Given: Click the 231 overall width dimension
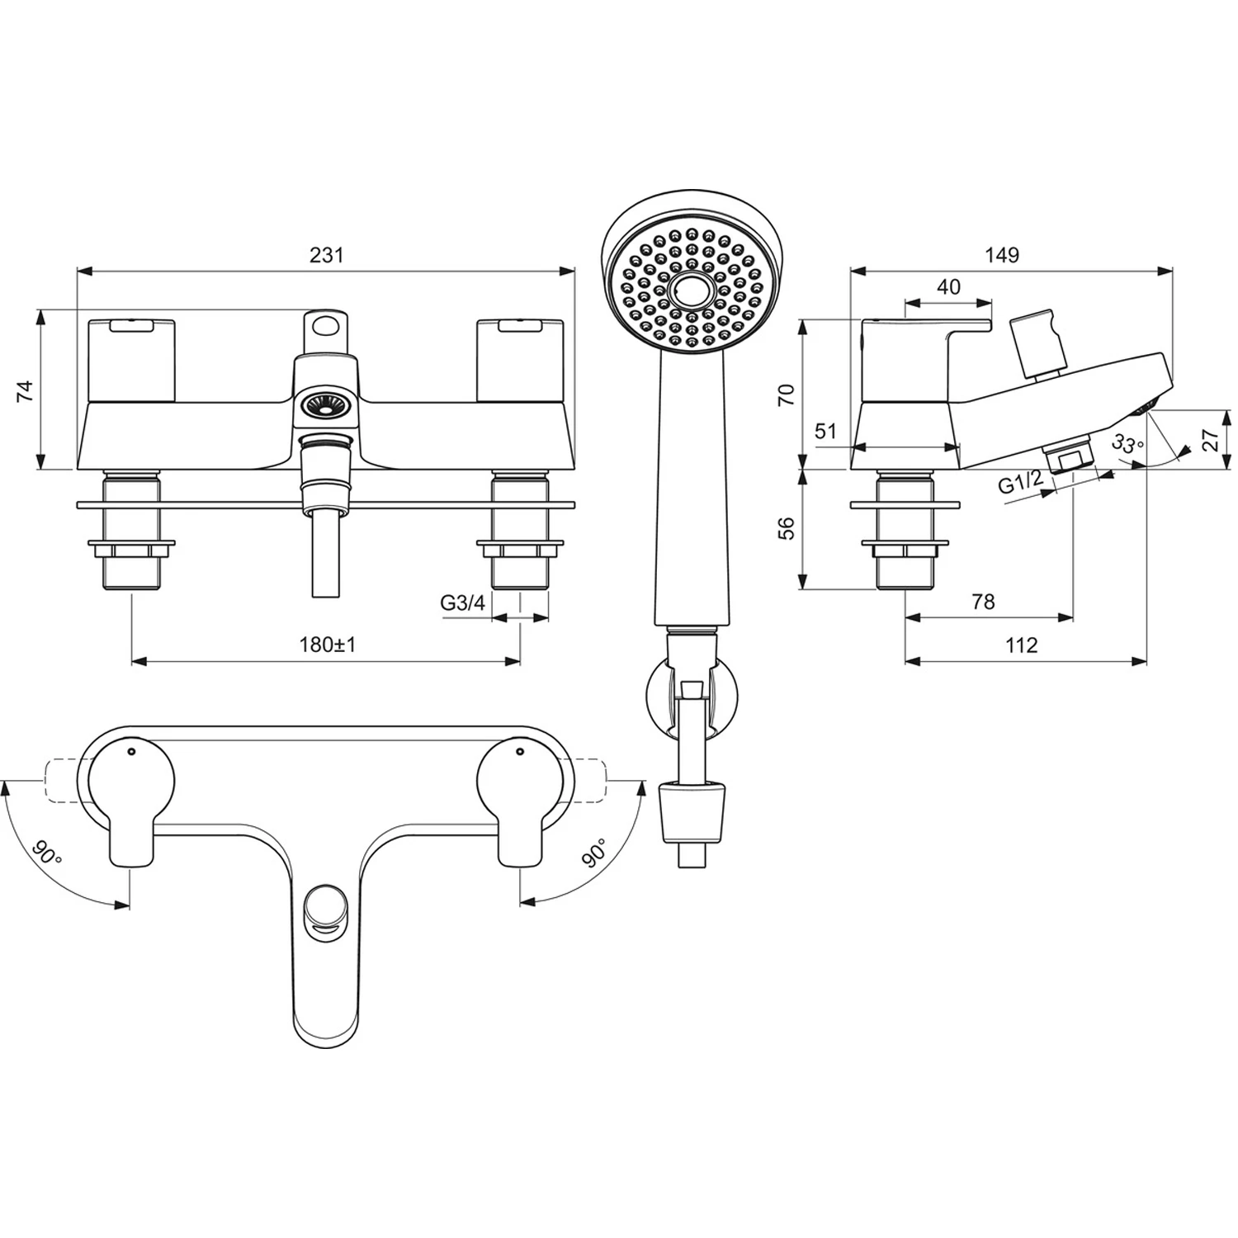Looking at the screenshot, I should tap(327, 255).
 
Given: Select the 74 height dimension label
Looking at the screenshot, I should tap(26, 390).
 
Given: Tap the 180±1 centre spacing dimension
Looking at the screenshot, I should tap(327, 645).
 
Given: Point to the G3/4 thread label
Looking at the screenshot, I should tap(462, 602).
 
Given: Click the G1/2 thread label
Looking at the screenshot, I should tap(1021, 483).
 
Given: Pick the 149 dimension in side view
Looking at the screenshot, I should tap(1001, 255).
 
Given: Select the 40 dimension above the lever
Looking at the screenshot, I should tap(949, 286).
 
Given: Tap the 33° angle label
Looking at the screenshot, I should tap(1127, 444).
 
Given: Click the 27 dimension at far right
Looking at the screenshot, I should tap(1210, 439).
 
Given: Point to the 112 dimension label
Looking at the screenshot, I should tap(1021, 645).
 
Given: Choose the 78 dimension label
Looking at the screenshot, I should tap(983, 602).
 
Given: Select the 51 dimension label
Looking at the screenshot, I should tap(825, 431).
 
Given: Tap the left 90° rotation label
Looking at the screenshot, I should tap(48, 853).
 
